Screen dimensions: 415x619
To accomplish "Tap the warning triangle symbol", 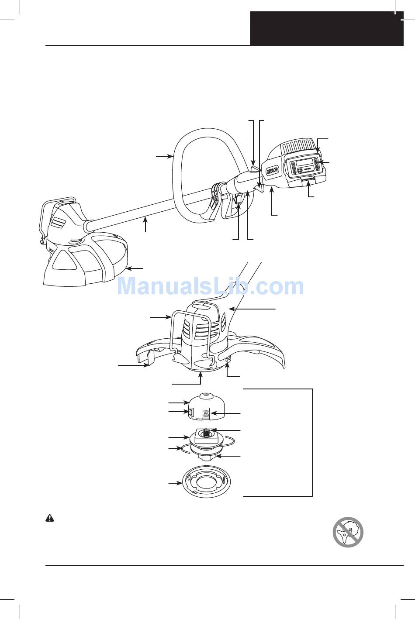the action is (x=50, y=518).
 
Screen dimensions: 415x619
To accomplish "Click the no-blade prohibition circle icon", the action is (x=348, y=532).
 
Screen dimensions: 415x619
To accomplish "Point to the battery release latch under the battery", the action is (x=309, y=179).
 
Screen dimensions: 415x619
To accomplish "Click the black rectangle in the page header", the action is (x=327, y=28).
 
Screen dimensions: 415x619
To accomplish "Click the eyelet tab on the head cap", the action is (x=191, y=412).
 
